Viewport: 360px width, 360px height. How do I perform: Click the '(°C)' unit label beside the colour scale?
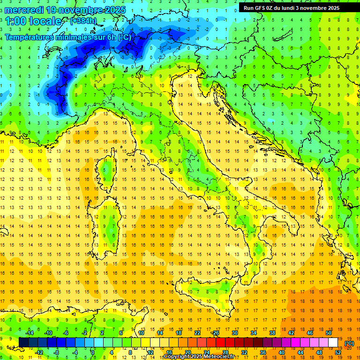point(349,343)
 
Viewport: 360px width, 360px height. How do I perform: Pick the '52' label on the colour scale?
point(338,352)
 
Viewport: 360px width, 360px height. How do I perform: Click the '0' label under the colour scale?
point(93,352)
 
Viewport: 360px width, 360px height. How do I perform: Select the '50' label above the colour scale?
point(328,332)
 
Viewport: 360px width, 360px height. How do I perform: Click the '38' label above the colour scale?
point(272,332)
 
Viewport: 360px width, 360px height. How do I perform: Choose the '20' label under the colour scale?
point(187,352)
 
